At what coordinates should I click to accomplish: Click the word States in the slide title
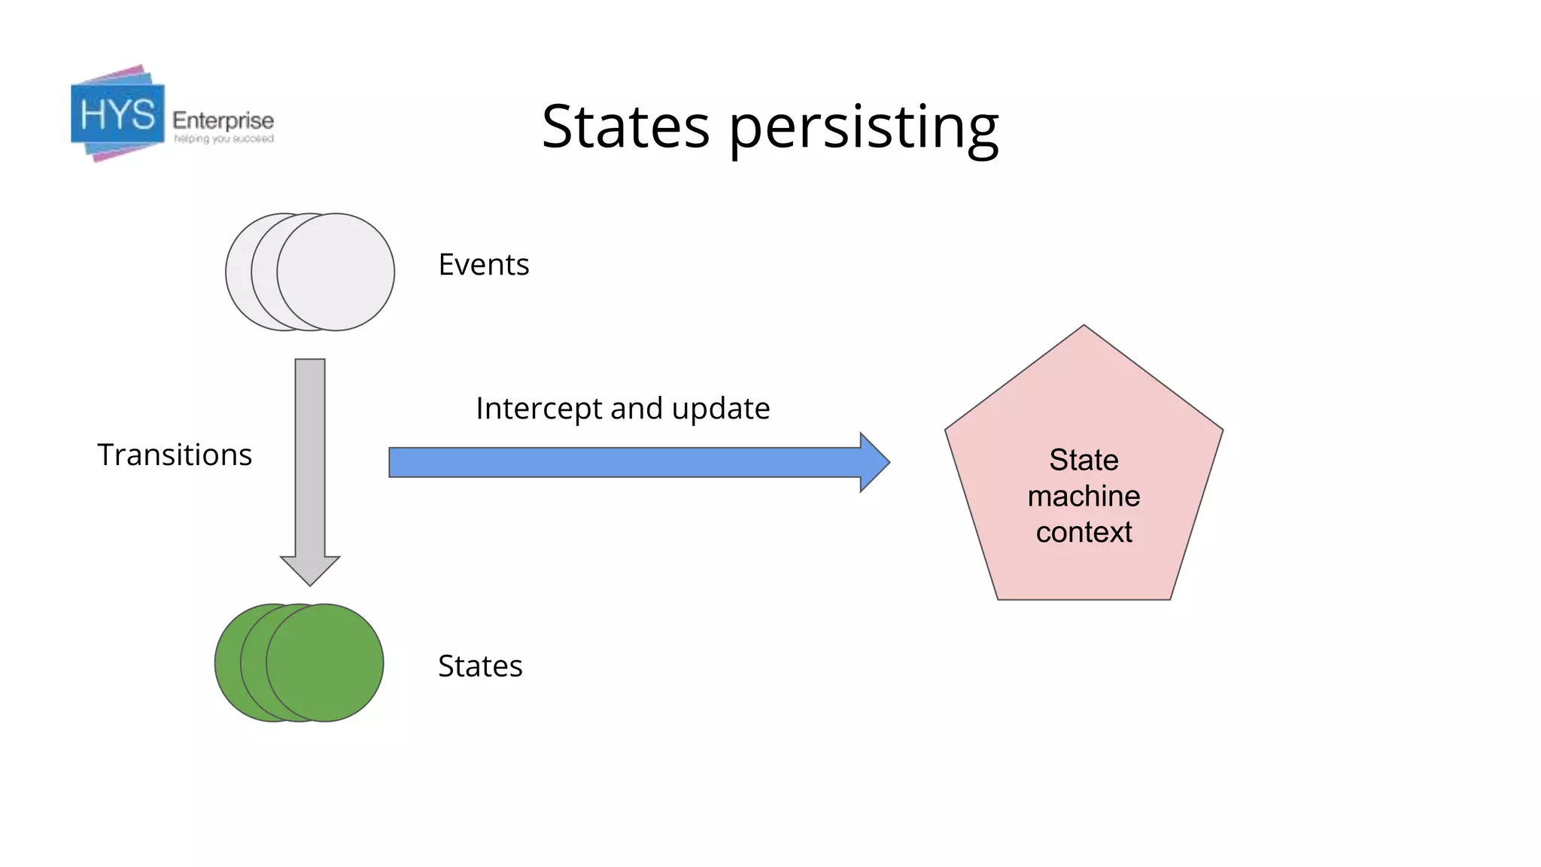[x=625, y=126]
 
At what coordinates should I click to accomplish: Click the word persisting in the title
[x=864, y=128]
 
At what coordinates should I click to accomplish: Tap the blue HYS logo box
[x=117, y=114]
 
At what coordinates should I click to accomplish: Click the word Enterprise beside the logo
[x=223, y=120]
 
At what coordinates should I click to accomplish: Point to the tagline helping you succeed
[x=223, y=139]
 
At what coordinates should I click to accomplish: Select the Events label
[x=484, y=265]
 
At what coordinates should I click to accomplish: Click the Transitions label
[x=175, y=455]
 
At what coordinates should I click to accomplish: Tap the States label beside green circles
[x=480, y=666]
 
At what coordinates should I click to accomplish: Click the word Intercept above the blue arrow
[x=540, y=409]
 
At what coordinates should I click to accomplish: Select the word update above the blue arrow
[x=721, y=409]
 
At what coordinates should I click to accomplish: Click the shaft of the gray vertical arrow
[x=310, y=452]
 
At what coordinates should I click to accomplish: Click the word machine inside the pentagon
[x=1084, y=496]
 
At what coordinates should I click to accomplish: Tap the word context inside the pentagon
[x=1084, y=532]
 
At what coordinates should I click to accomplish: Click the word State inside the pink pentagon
[x=1084, y=460]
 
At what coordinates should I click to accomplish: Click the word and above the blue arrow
[x=637, y=409]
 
